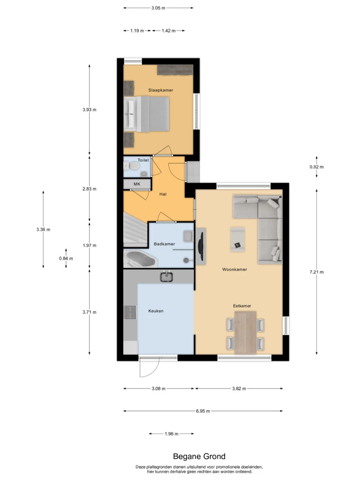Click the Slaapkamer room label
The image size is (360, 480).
pyautogui.click(x=160, y=90)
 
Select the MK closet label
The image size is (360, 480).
pyautogui.click(x=137, y=184)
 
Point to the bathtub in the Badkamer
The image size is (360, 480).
pyautogui.click(x=141, y=259)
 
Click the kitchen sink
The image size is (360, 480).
pyautogui.click(x=166, y=277)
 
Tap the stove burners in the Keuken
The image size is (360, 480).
pyautogui.click(x=130, y=312)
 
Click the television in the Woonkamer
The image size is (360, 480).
pyautogui.click(x=201, y=247)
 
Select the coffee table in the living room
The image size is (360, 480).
pyautogui.click(x=238, y=240)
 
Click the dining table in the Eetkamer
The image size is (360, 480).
pyautogui.click(x=245, y=333)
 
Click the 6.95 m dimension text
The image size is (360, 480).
pyautogui.click(x=202, y=411)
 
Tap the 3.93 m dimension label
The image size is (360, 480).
pyautogui.click(x=89, y=110)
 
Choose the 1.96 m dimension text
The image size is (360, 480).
pyautogui.click(x=171, y=434)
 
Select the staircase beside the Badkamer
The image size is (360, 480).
pyautogui.click(x=135, y=229)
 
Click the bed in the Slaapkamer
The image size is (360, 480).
pyautogui.click(x=147, y=114)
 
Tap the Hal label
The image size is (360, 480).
pyautogui.click(x=163, y=194)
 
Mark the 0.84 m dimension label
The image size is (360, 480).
pyautogui.click(x=66, y=258)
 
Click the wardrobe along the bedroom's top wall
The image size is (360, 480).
pyautogui.click(x=175, y=70)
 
